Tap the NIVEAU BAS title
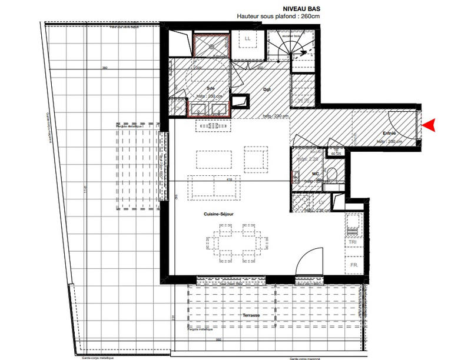[271, 9]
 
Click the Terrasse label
[251, 315]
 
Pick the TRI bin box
[353, 242]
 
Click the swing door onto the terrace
[309, 263]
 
